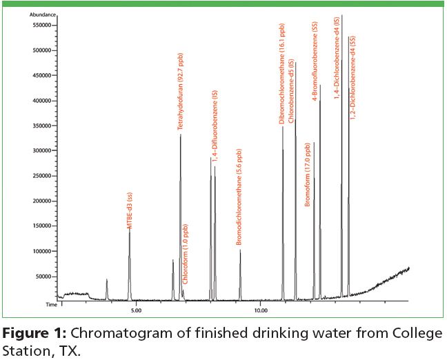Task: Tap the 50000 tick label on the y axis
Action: point(45,276)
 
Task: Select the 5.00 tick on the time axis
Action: point(136,310)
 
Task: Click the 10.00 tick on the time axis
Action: point(260,310)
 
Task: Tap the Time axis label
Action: point(50,303)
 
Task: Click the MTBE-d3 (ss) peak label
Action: point(128,210)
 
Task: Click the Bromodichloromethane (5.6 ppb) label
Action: point(239,197)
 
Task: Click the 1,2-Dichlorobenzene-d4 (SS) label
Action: point(353,79)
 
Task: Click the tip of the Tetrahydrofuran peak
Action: point(181,135)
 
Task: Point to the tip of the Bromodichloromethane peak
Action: point(240,250)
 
